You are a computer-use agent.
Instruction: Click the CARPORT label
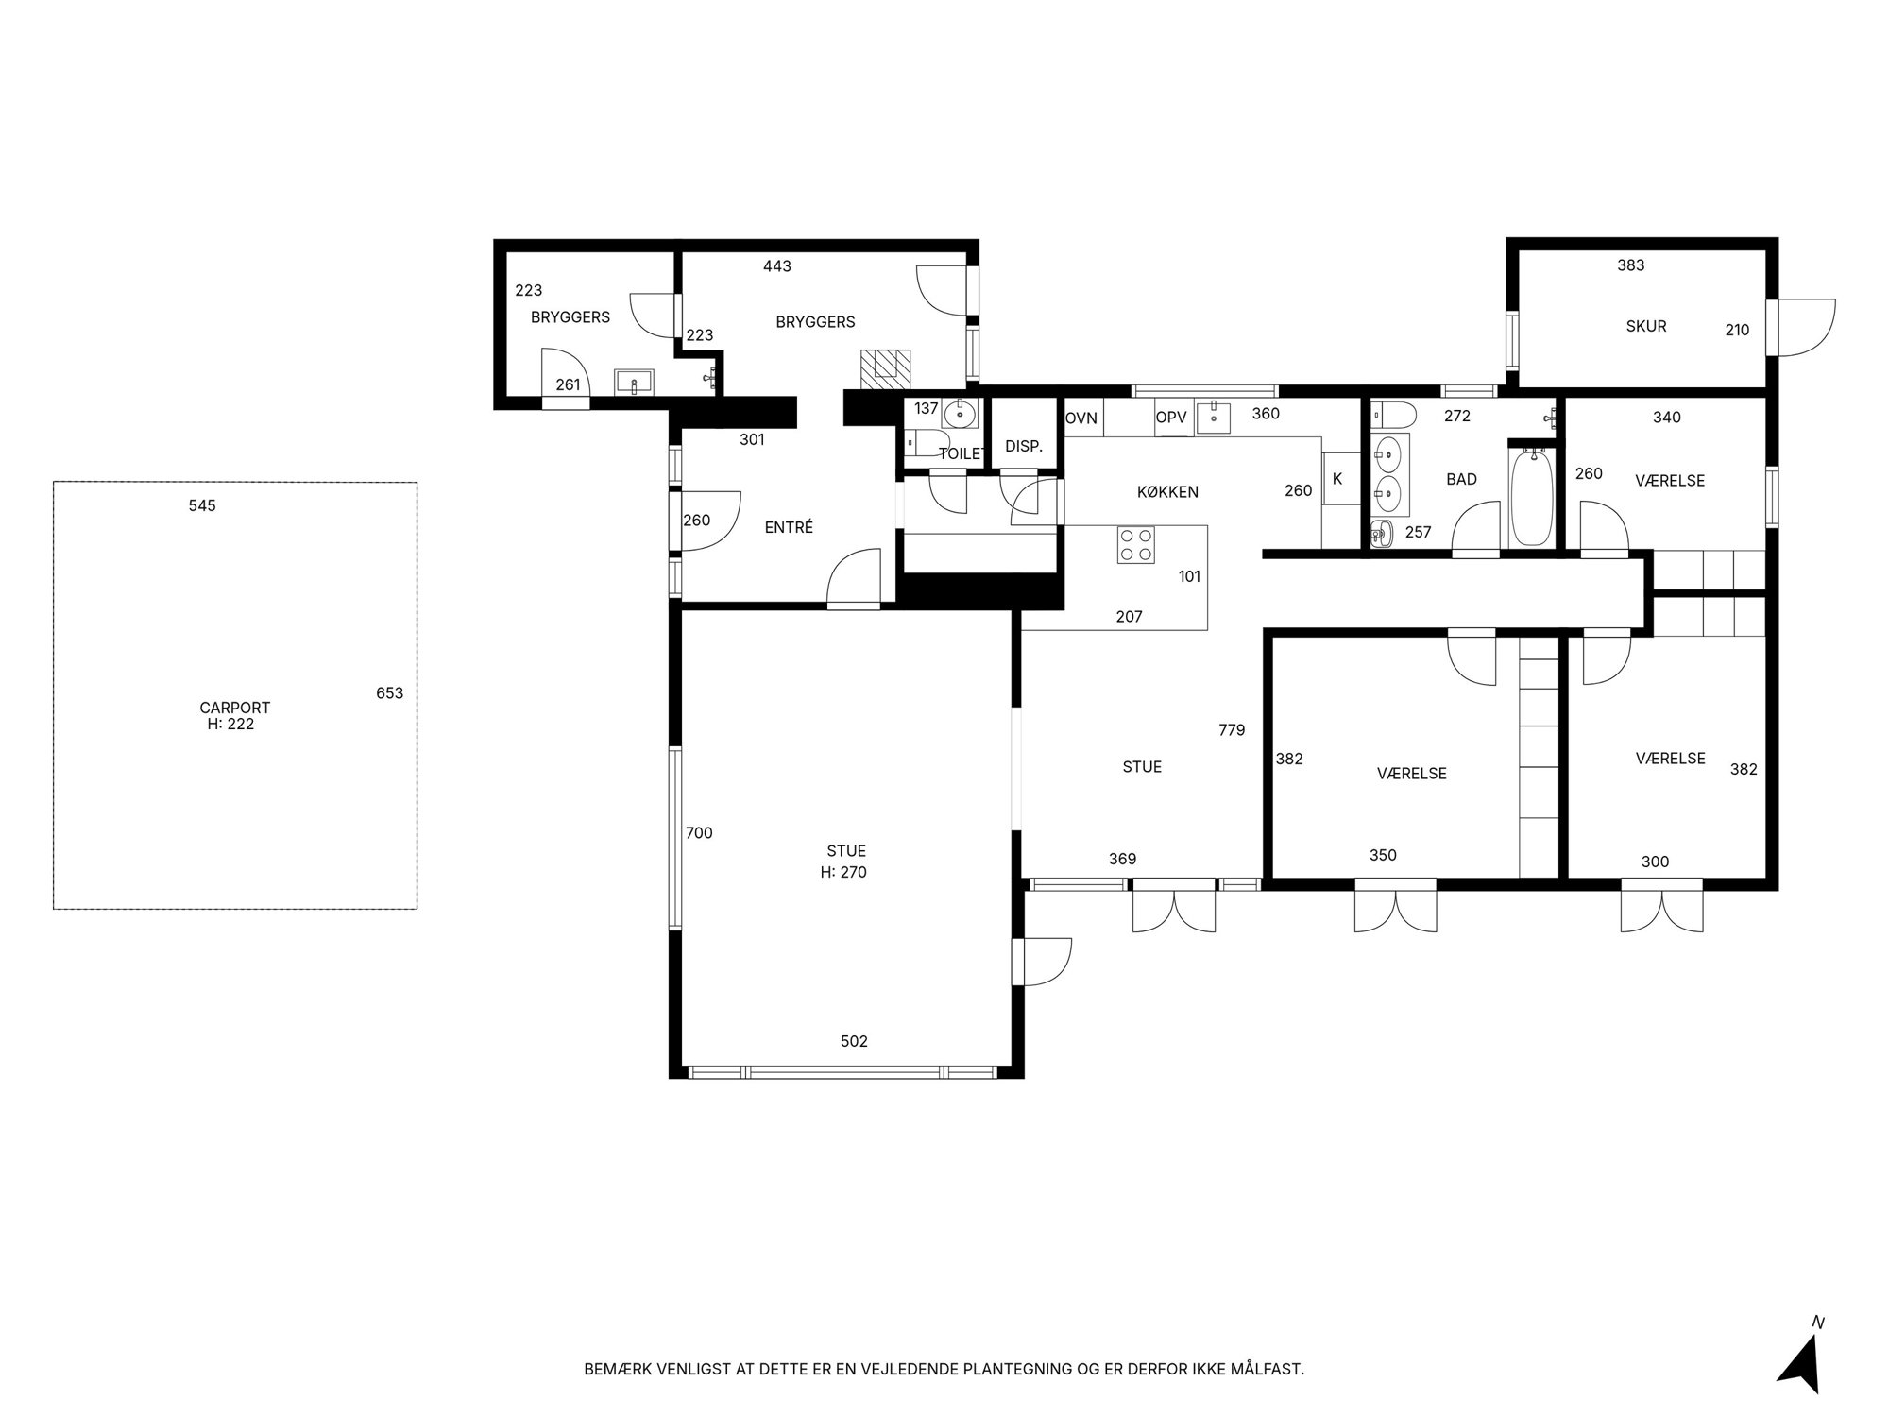pyautogui.click(x=235, y=708)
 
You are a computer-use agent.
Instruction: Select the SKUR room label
pyautogui.click(x=1646, y=327)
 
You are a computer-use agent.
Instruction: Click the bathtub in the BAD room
pyautogui.click(x=1531, y=498)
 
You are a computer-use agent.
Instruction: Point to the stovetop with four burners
pyautogui.click(x=1135, y=544)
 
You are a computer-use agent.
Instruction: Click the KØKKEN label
pyautogui.click(x=1167, y=492)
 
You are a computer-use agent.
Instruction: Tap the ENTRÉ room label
pyautogui.click(x=789, y=528)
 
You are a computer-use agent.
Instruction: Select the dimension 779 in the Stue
pyautogui.click(x=1232, y=730)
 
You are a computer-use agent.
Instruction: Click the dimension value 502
pyautogui.click(x=854, y=1041)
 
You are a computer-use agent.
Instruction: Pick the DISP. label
pyautogui.click(x=1024, y=447)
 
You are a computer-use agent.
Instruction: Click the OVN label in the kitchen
pyautogui.click(x=1081, y=418)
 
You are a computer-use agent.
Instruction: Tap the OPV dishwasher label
pyautogui.click(x=1171, y=418)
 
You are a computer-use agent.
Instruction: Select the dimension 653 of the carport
pyautogui.click(x=389, y=693)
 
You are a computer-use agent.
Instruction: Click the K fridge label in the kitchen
pyautogui.click(x=1337, y=479)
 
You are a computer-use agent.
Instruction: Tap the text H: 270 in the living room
pyautogui.click(x=843, y=873)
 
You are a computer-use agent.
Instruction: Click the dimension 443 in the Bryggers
pyautogui.click(x=777, y=266)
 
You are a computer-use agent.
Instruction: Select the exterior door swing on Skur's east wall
pyautogui.click(x=1806, y=328)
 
